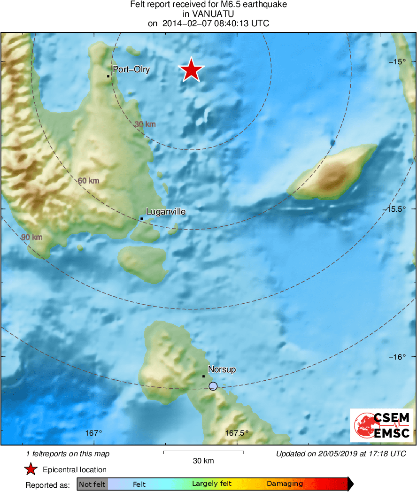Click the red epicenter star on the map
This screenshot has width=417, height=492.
tap(191, 70)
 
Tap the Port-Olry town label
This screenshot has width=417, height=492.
tap(131, 70)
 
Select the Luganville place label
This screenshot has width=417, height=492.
tap(166, 212)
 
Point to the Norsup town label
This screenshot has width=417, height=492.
tap(222, 369)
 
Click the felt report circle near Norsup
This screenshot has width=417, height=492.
tap(213, 386)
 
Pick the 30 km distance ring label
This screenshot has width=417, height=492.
tap(145, 124)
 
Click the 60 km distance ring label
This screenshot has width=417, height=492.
tap(88, 180)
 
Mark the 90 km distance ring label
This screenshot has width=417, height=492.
tap(32, 237)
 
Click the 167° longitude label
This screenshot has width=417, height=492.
tap(94, 433)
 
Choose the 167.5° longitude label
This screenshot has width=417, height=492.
tap(237, 433)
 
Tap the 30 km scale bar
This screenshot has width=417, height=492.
tap(203, 453)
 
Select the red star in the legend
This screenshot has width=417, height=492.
tap(31, 469)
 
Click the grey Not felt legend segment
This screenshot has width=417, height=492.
tap(92, 484)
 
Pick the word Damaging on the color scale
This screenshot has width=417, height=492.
tap(285, 484)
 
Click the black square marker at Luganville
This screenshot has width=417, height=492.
tap(141, 218)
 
